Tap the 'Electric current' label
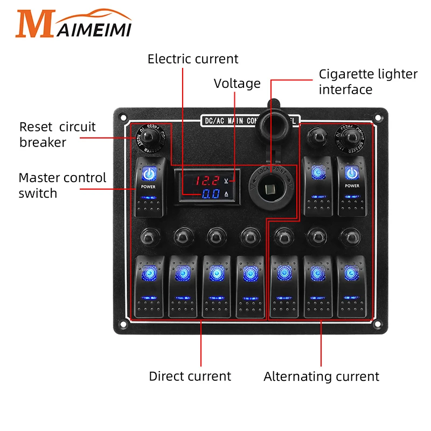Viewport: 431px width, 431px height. coord(193,59)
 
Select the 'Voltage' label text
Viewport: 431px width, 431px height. coord(237,84)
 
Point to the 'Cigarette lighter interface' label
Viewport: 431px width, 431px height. coord(368,81)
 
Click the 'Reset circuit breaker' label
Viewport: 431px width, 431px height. coord(57,135)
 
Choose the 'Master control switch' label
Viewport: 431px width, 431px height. coord(62,185)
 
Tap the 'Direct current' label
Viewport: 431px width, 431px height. coord(190,377)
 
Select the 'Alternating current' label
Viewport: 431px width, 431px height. coord(321,377)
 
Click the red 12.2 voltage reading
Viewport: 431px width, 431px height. coord(206,181)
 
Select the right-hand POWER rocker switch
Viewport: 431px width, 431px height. coord(352,185)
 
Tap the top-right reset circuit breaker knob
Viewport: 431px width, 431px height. coord(352,137)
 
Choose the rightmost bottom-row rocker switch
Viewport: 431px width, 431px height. coord(351,287)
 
